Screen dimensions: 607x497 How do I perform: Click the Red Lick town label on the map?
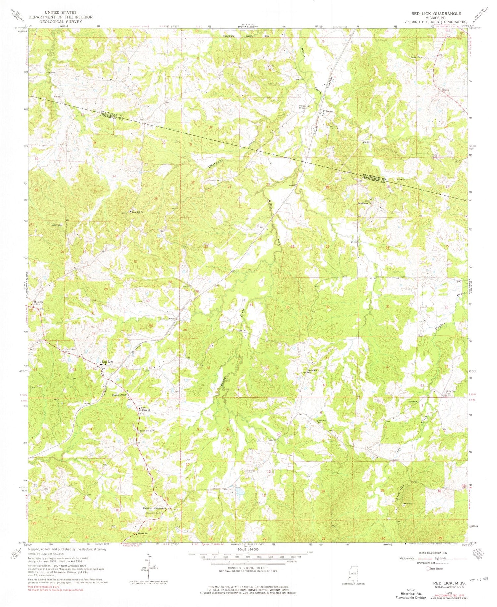(x=108, y=362)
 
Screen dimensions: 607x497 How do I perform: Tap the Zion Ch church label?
(x=412, y=402)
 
